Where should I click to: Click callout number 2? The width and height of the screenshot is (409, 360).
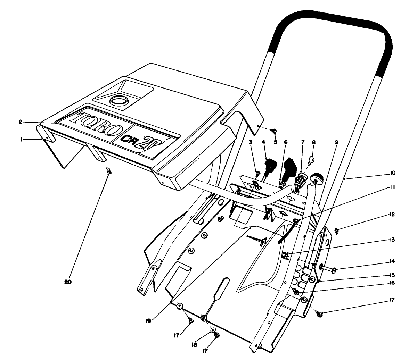coord(21,122)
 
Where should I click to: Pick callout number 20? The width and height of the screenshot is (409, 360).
coord(68,282)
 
